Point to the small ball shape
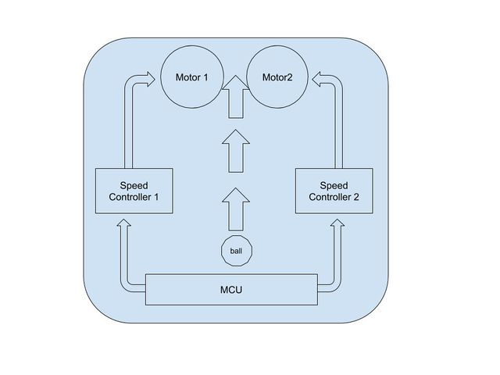pyautogui.click(x=236, y=251)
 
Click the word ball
pyautogui.click(x=236, y=251)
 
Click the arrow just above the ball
pyautogui.click(x=236, y=207)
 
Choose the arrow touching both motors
pyautogui.click(x=236, y=98)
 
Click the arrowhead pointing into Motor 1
pyautogui.click(x=148, y=78)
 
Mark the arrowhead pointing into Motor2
pyautogui.click(x=320, y=78)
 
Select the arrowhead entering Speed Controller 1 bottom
pyautogui.click(x=123, y=224)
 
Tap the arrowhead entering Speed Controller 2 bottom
pyautogui.click(x=337, y=224)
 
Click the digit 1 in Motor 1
pyautogui.click(x=206, y=78)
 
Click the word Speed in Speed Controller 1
pyautogui.click(x=134, y=186)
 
